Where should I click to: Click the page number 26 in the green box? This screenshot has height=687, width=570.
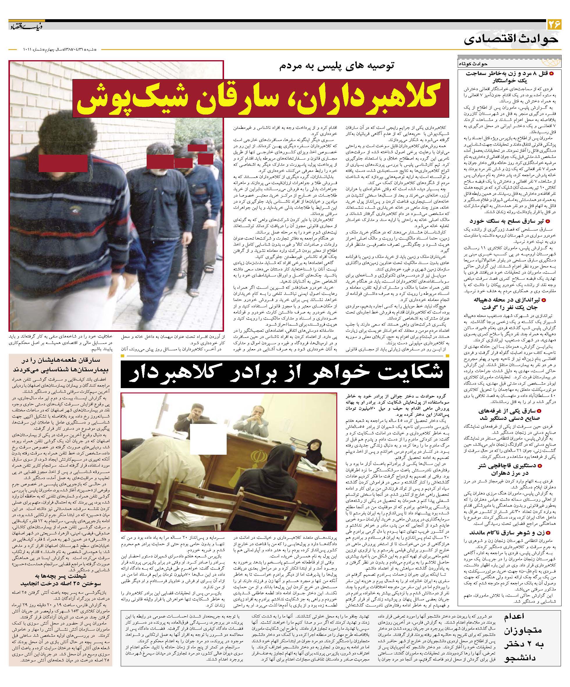[x=554, y=25]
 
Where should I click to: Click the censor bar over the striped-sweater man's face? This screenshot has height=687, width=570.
[x=63, y=164]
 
